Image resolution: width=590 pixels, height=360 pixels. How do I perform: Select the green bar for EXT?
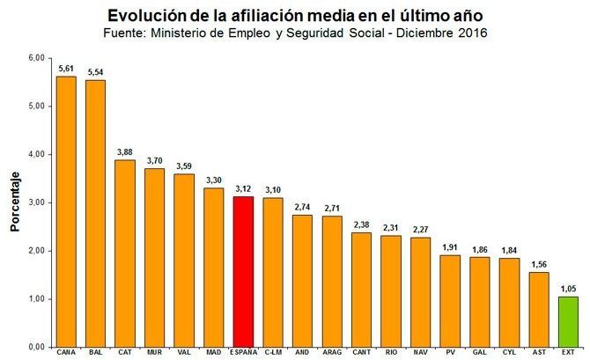[570, 321]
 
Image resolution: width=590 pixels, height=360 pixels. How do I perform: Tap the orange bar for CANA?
[66, 211]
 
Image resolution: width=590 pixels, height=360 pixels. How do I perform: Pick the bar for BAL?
[95, 213]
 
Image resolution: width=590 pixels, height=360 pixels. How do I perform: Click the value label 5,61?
[66, 68]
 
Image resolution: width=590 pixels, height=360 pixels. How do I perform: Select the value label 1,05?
[570, 288]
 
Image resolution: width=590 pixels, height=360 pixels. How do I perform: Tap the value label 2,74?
[302, 207]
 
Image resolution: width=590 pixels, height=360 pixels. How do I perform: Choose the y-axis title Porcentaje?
[15, 202]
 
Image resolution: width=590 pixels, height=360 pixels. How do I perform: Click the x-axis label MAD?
[214, 352]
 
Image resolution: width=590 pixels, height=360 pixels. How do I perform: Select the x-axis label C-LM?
[273, 352]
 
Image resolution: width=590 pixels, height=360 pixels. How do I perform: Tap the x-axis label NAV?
[421, 352]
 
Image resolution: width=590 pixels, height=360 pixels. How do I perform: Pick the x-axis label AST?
[540, 352]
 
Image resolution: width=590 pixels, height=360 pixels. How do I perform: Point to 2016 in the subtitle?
[468, 33]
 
